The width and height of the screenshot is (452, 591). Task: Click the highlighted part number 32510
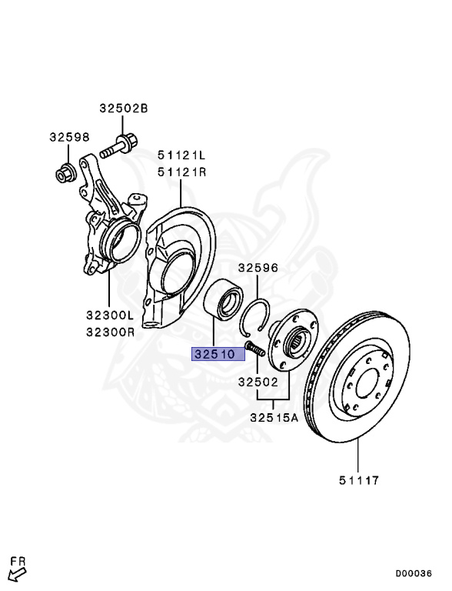218,355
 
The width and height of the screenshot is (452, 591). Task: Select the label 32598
70,137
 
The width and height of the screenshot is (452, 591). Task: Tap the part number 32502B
123,109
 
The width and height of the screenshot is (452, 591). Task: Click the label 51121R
183,172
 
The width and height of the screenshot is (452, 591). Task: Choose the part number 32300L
110,316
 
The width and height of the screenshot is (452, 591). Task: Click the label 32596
258,269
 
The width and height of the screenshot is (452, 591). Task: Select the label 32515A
274,418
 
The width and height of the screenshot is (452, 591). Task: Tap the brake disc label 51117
360,481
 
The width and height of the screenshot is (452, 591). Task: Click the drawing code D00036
414,573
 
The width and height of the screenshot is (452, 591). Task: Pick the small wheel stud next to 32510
255,349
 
